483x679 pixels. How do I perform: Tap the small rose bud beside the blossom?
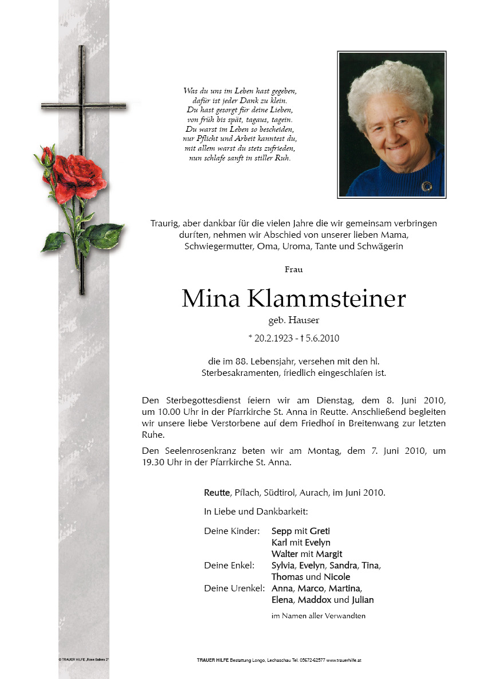point(47,155)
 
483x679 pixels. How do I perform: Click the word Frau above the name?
point(293,269)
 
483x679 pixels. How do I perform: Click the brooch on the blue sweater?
point(426,186)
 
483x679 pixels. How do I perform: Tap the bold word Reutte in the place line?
point(217,492)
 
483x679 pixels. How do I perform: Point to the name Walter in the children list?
point(285,554)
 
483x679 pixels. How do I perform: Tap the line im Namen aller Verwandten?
point(318,616)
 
